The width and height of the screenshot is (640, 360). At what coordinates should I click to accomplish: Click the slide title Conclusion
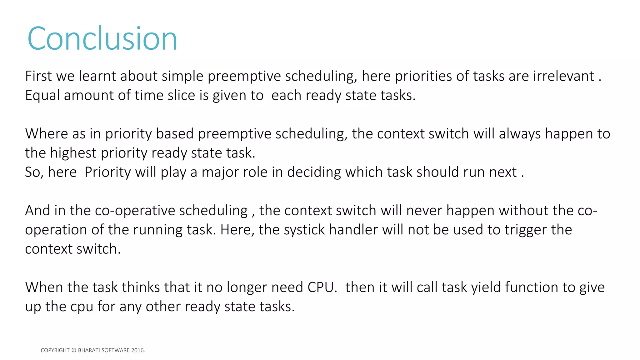click(102, 38)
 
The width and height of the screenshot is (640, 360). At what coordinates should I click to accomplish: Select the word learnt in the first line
click(97, 76)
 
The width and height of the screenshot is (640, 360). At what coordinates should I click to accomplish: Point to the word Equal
click(42, 95)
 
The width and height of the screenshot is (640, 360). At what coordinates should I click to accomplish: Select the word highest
click(73, 153)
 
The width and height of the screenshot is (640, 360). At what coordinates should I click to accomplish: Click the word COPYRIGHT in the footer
click(55, 350)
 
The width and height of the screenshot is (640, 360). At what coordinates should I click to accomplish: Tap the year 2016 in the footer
click(138, 350)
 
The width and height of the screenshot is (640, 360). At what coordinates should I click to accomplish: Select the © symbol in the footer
click(74, 350)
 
